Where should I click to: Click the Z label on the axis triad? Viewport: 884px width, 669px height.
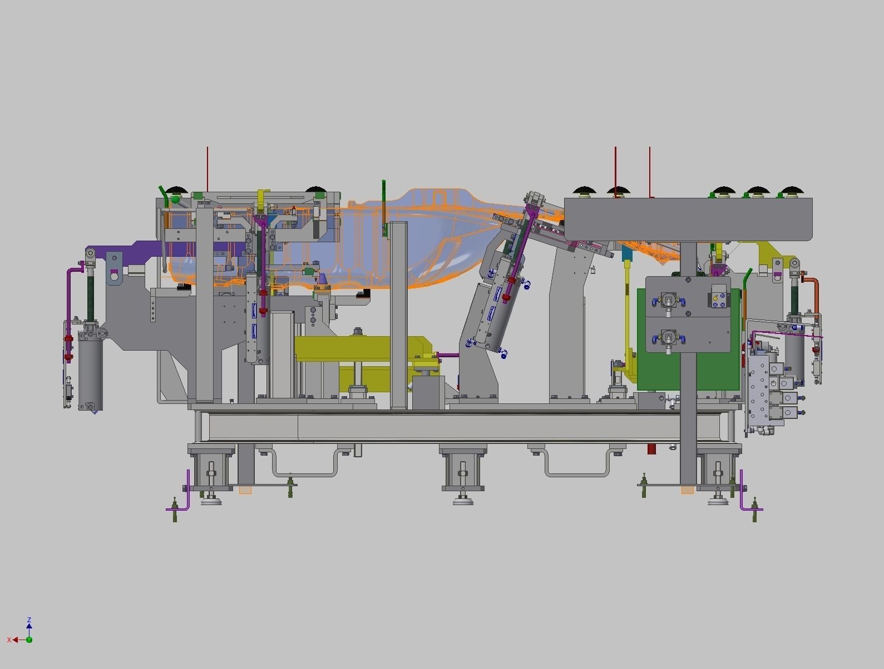click(x=29, y=620)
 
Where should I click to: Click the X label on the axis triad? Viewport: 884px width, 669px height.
click(x=9, y=640)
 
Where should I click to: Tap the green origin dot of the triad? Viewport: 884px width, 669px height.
click(x=29, y=640)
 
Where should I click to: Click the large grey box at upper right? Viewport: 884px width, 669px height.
click(x=688, y=219)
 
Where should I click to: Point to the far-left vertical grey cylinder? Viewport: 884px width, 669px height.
click(x=90, y=372)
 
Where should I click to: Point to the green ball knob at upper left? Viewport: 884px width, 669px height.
click(x=176, y=199)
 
